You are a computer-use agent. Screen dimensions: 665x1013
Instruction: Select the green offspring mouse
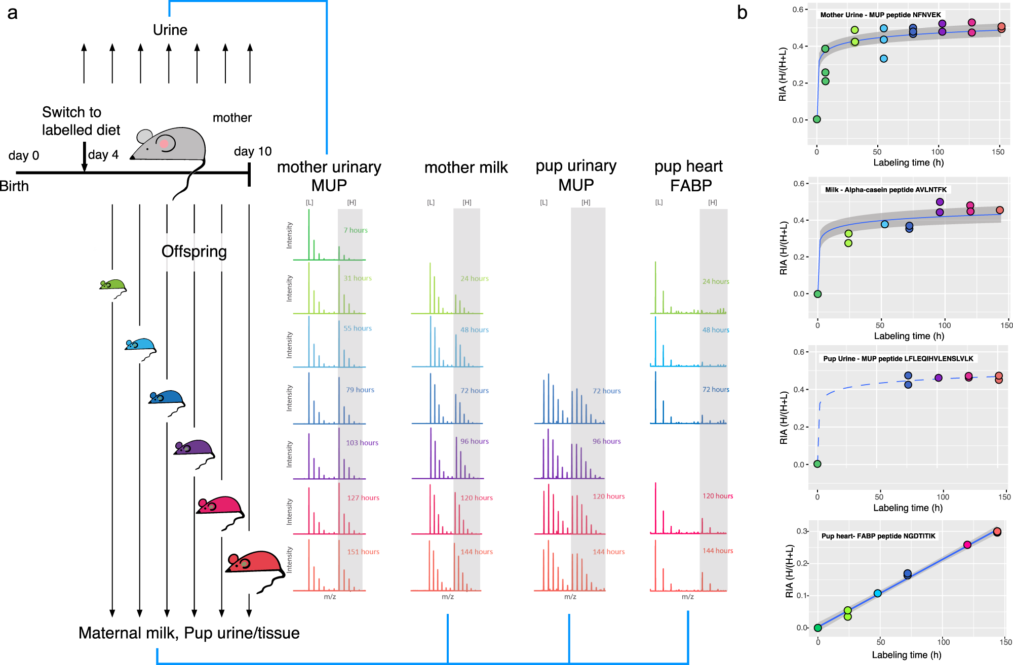[x=112, y=285]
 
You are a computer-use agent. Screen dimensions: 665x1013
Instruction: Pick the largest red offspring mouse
[x=256, y=563]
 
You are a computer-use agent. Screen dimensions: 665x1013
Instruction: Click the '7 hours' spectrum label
[x=356, y=230]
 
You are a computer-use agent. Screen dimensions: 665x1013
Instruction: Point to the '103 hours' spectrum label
[x=362, y=443]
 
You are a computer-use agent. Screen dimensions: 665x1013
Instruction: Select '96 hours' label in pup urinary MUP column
[x=607, y=441]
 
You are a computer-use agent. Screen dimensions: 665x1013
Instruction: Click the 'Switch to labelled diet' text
[x=81, y=121]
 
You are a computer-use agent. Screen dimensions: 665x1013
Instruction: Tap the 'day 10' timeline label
[x=253, y=151]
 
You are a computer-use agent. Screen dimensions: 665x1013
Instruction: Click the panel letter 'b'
[x=742, y=13]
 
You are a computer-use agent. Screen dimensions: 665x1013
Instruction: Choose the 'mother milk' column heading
[x=466, y=168]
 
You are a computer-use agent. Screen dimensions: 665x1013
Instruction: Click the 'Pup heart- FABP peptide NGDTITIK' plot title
[x=878, y=536]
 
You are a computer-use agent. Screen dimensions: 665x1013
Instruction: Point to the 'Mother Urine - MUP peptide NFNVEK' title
[x=880, y=15]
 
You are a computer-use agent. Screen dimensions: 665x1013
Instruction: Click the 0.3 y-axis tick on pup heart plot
[x=801, y=531]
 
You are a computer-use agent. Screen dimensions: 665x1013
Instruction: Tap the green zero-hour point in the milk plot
[x=817, y=294]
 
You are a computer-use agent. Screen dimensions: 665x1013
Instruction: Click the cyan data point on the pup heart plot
[x=878, y=593]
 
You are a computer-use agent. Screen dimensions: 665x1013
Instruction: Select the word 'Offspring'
[x=194, y=252]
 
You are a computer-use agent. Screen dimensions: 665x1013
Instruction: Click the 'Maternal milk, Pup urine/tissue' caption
[x=189, y=633]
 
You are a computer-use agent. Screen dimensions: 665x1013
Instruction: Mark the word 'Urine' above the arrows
[x=170, y=30]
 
